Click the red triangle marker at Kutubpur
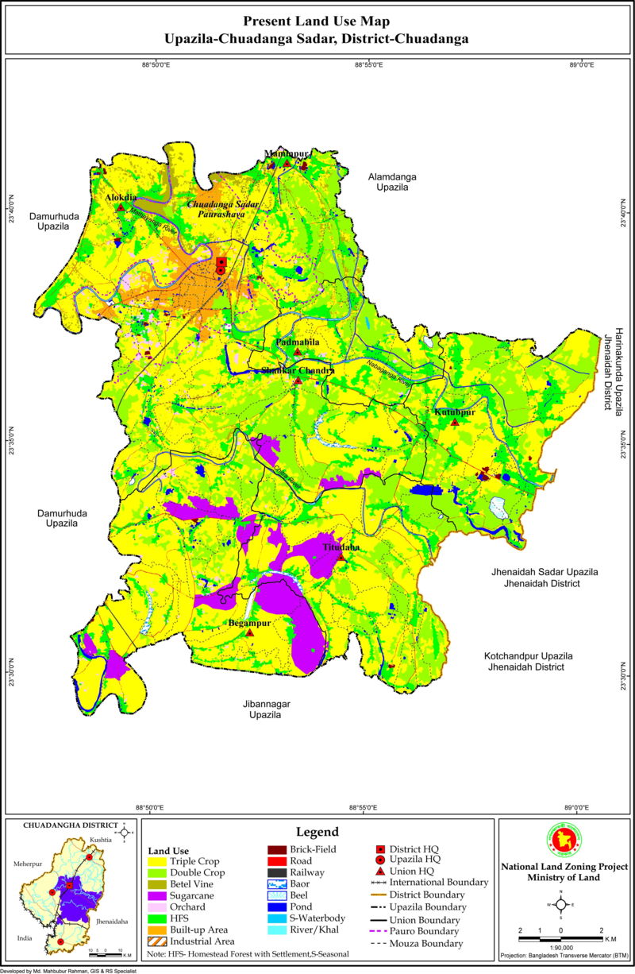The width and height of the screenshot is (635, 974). click(455, 422)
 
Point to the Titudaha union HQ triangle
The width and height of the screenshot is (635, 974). click(341, 557)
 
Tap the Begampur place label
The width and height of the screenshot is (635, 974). click(250, 624)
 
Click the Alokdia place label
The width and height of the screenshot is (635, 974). click(121, 197)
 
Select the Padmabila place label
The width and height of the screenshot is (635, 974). click(298, 342)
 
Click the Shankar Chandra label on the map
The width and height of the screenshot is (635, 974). click(298, 370)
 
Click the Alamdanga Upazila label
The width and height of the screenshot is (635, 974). click(392, 182)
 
